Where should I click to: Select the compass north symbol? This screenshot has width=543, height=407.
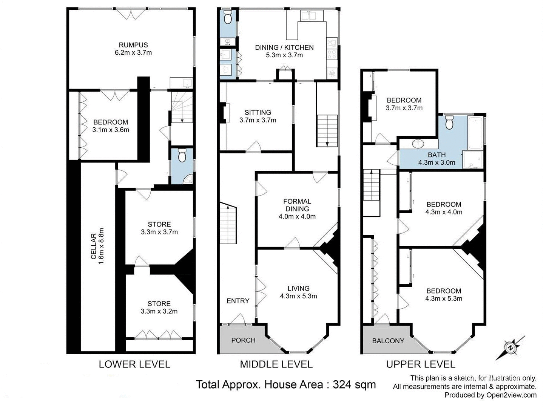coord(511,347)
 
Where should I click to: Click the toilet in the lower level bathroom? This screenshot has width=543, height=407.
coord(182,155)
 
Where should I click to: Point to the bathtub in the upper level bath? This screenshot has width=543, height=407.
coord(475,133)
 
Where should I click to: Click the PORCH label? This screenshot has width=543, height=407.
coord(243,340)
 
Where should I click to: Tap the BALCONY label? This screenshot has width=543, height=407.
coord(388,341)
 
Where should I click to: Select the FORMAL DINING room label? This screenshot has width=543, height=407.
coord(297,205)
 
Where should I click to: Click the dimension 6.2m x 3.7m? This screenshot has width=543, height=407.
coord(133,53)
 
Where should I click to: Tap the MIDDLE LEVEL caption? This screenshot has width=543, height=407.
coord(276,364)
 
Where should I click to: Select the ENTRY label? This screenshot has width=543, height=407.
coord(238,301)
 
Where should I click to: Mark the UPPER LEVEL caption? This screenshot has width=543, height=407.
coord(420,364)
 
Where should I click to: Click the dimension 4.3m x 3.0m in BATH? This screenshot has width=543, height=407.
coord(437,163)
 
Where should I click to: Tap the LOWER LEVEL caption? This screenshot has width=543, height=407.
coord(134,364)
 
